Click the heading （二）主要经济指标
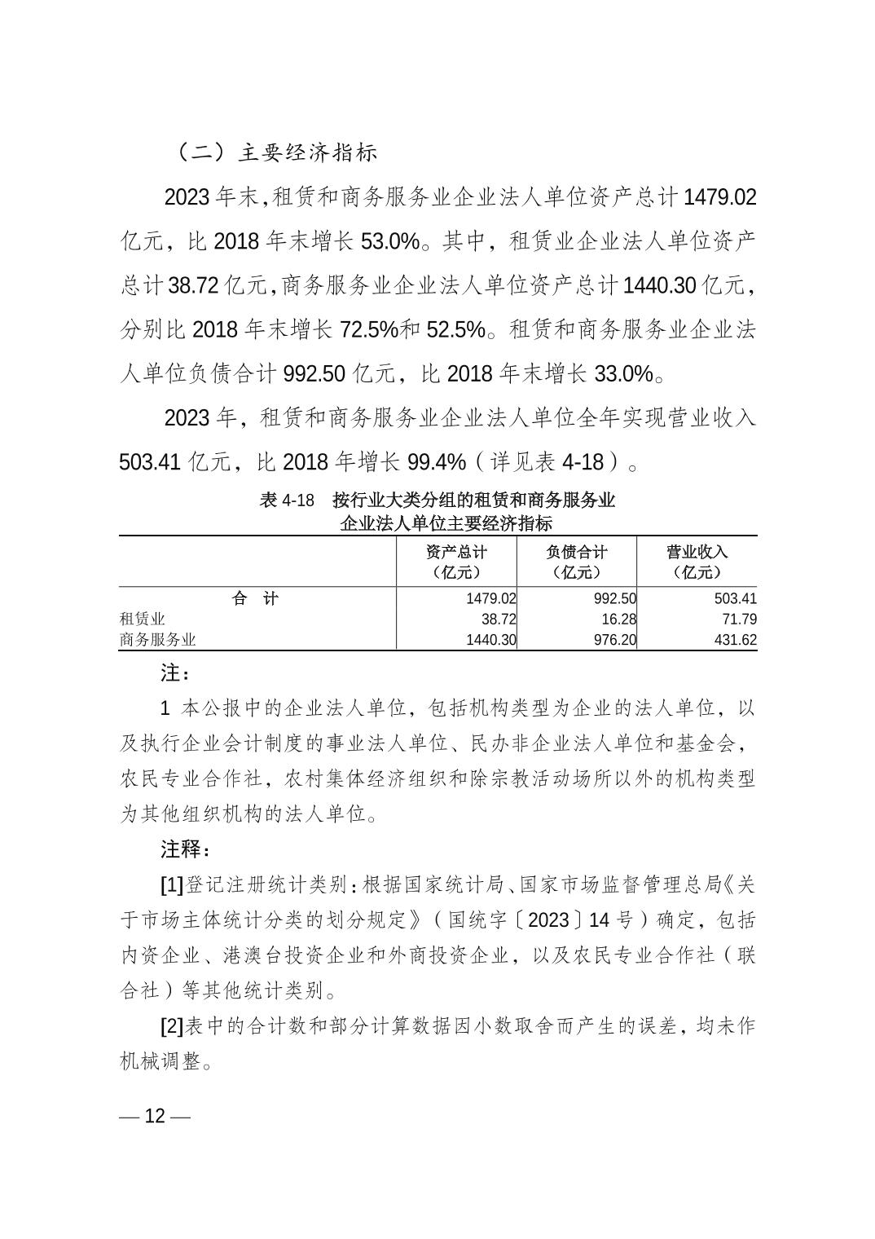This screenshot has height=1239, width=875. [x=277, y=152]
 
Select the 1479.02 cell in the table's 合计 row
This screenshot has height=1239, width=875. [x=491, y=599]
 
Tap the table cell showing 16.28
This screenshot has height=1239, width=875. [x=615, y=619]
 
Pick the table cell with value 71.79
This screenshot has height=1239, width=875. [x=736, y=619]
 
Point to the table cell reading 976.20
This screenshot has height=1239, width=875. [x=614, y=640]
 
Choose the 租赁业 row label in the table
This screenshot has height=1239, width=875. [x=143, y=619]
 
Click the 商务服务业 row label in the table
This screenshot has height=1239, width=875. [x=158, y=640]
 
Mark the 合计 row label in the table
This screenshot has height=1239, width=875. [x=255, y=599]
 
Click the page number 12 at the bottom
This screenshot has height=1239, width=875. [x=155, y=1117]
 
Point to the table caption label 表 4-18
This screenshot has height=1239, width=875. [x=287, y=500]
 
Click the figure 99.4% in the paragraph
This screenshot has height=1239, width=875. [x=437, y=462]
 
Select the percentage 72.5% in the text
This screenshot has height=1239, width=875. [x=368, y=329]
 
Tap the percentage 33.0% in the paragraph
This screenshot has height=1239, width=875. [x=624, y=374]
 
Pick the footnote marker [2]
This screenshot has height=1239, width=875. [x=172, y=1026]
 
